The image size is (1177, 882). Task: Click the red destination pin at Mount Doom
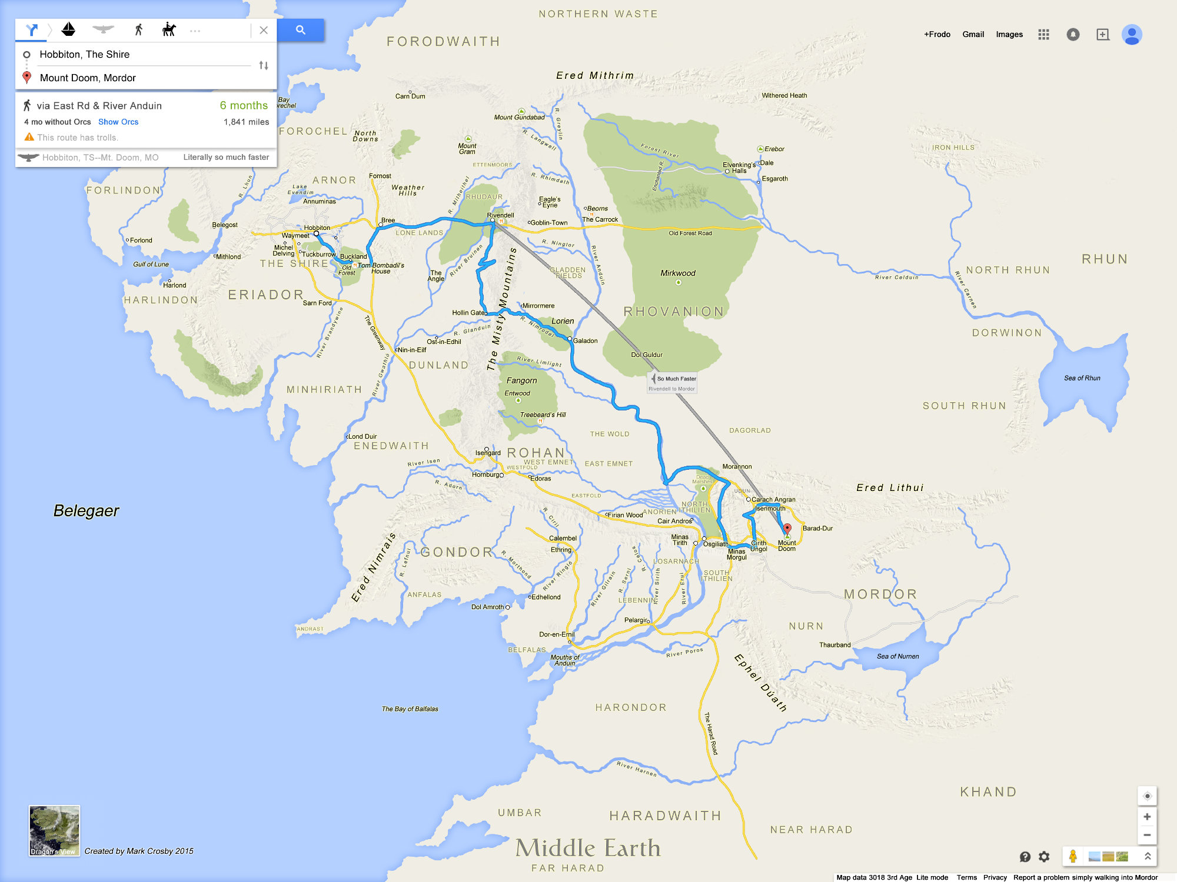coord(787,529)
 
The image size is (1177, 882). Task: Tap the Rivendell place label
coord(500,215)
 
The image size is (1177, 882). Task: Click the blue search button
coord(300,30)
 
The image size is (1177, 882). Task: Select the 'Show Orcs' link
coord(118,122)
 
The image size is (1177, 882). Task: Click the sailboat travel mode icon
coord(69,29)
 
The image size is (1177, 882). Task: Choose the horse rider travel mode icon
coord(169,29)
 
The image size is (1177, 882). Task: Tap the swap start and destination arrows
coord(264,65)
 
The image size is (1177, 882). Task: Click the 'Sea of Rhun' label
coord(1082,378)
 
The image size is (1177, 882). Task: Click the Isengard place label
coord(488,453)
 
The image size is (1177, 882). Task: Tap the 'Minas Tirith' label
coord(680,540)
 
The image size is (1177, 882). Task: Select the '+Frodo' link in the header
coord(937,34)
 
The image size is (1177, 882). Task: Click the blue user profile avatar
coord(1131,35)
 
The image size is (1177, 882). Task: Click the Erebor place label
coord(774,149)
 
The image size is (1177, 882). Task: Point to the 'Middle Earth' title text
coord(588,848)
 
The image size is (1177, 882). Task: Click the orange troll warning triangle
coord(29,137)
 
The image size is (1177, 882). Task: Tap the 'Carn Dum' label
coord(410,96)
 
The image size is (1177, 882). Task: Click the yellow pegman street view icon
coord(1073,856)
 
